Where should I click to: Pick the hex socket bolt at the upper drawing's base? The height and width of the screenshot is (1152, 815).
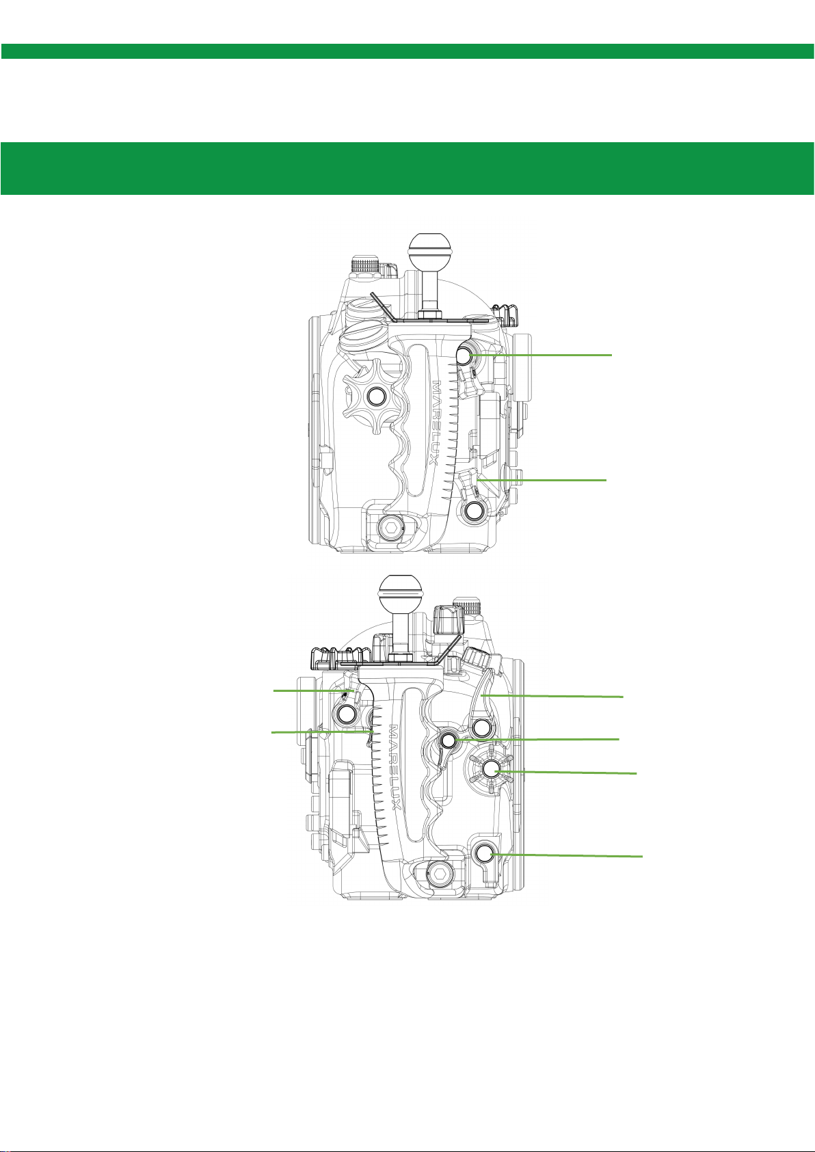point(391,526)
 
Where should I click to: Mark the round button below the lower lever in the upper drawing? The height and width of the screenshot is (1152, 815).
point(474,511)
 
